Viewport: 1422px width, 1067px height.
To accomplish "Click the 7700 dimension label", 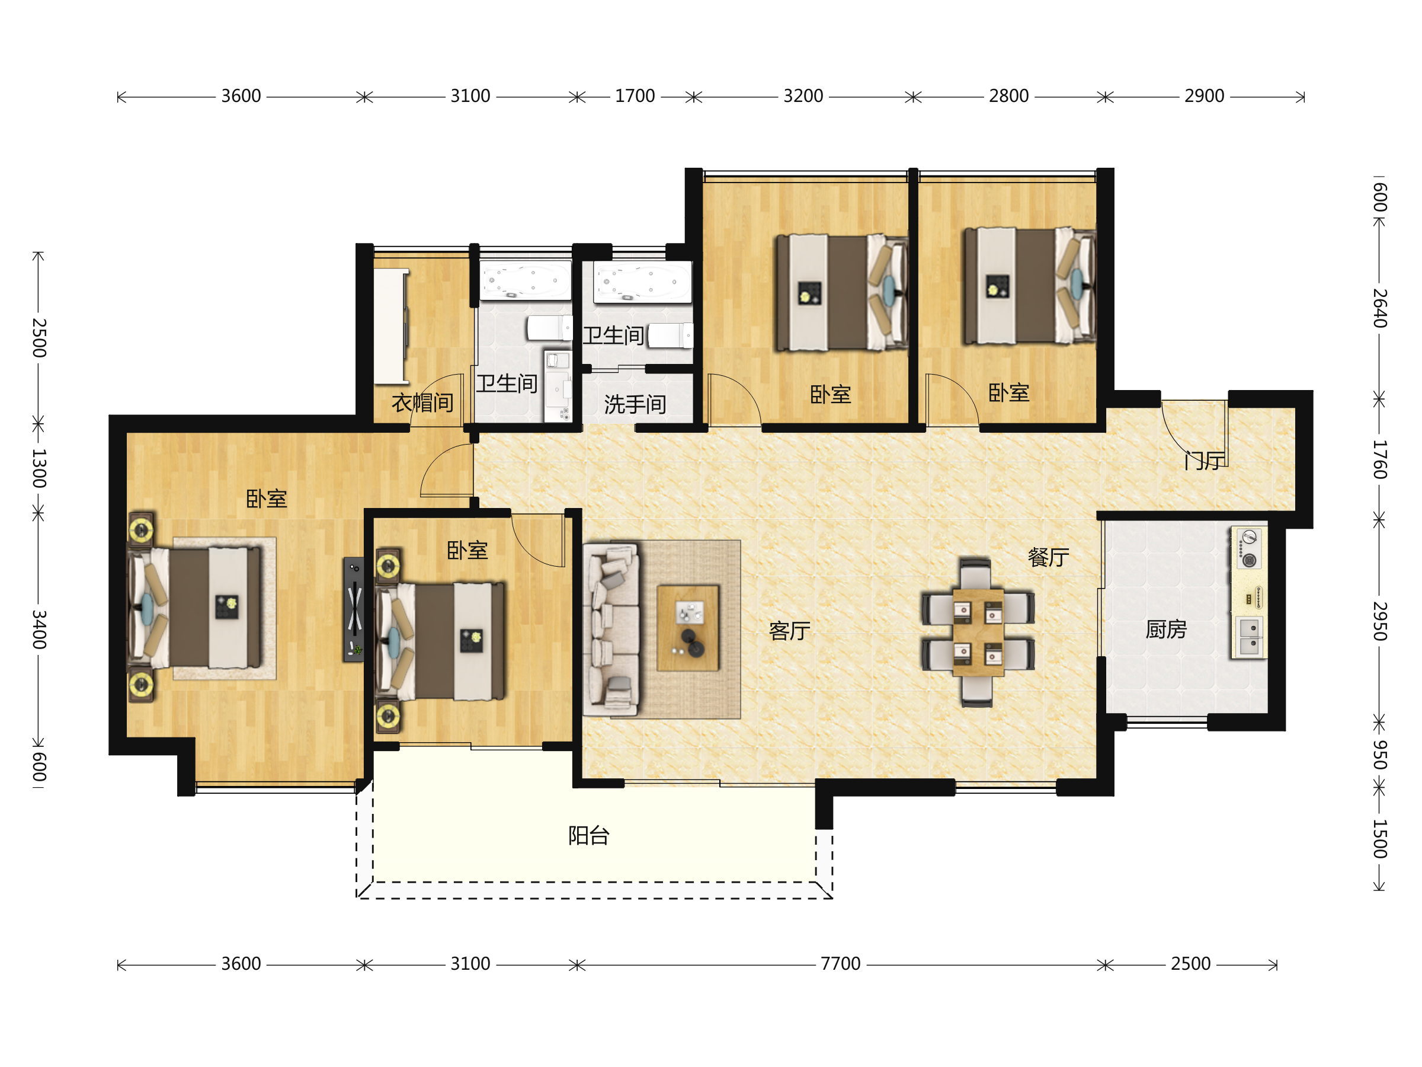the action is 840,963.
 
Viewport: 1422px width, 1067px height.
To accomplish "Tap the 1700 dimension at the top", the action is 635,96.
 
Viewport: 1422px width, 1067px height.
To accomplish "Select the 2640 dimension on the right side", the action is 1379,308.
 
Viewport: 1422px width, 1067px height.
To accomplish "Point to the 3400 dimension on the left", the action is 39,630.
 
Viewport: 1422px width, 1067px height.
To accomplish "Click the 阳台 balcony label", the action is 589,835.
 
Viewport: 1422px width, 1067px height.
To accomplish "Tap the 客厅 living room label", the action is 789,631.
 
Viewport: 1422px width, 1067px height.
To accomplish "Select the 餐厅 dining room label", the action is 1049,557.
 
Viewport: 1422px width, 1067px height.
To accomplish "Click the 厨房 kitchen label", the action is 1166,629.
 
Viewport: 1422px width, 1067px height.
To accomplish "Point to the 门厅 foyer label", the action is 1205,461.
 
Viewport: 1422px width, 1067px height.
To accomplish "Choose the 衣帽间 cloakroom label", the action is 422,402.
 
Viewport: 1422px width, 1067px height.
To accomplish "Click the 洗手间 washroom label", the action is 635,404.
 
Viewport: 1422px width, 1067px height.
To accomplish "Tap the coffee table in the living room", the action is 688,628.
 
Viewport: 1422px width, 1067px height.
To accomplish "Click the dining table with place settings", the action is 978,632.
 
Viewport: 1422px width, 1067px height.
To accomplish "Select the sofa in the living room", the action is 611,630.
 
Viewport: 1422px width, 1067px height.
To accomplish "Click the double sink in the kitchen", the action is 1249,637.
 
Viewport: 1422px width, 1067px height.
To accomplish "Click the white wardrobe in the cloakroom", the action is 392,326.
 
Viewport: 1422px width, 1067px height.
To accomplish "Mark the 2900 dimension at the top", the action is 1204,96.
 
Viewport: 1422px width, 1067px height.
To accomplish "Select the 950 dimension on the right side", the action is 1379,754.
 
